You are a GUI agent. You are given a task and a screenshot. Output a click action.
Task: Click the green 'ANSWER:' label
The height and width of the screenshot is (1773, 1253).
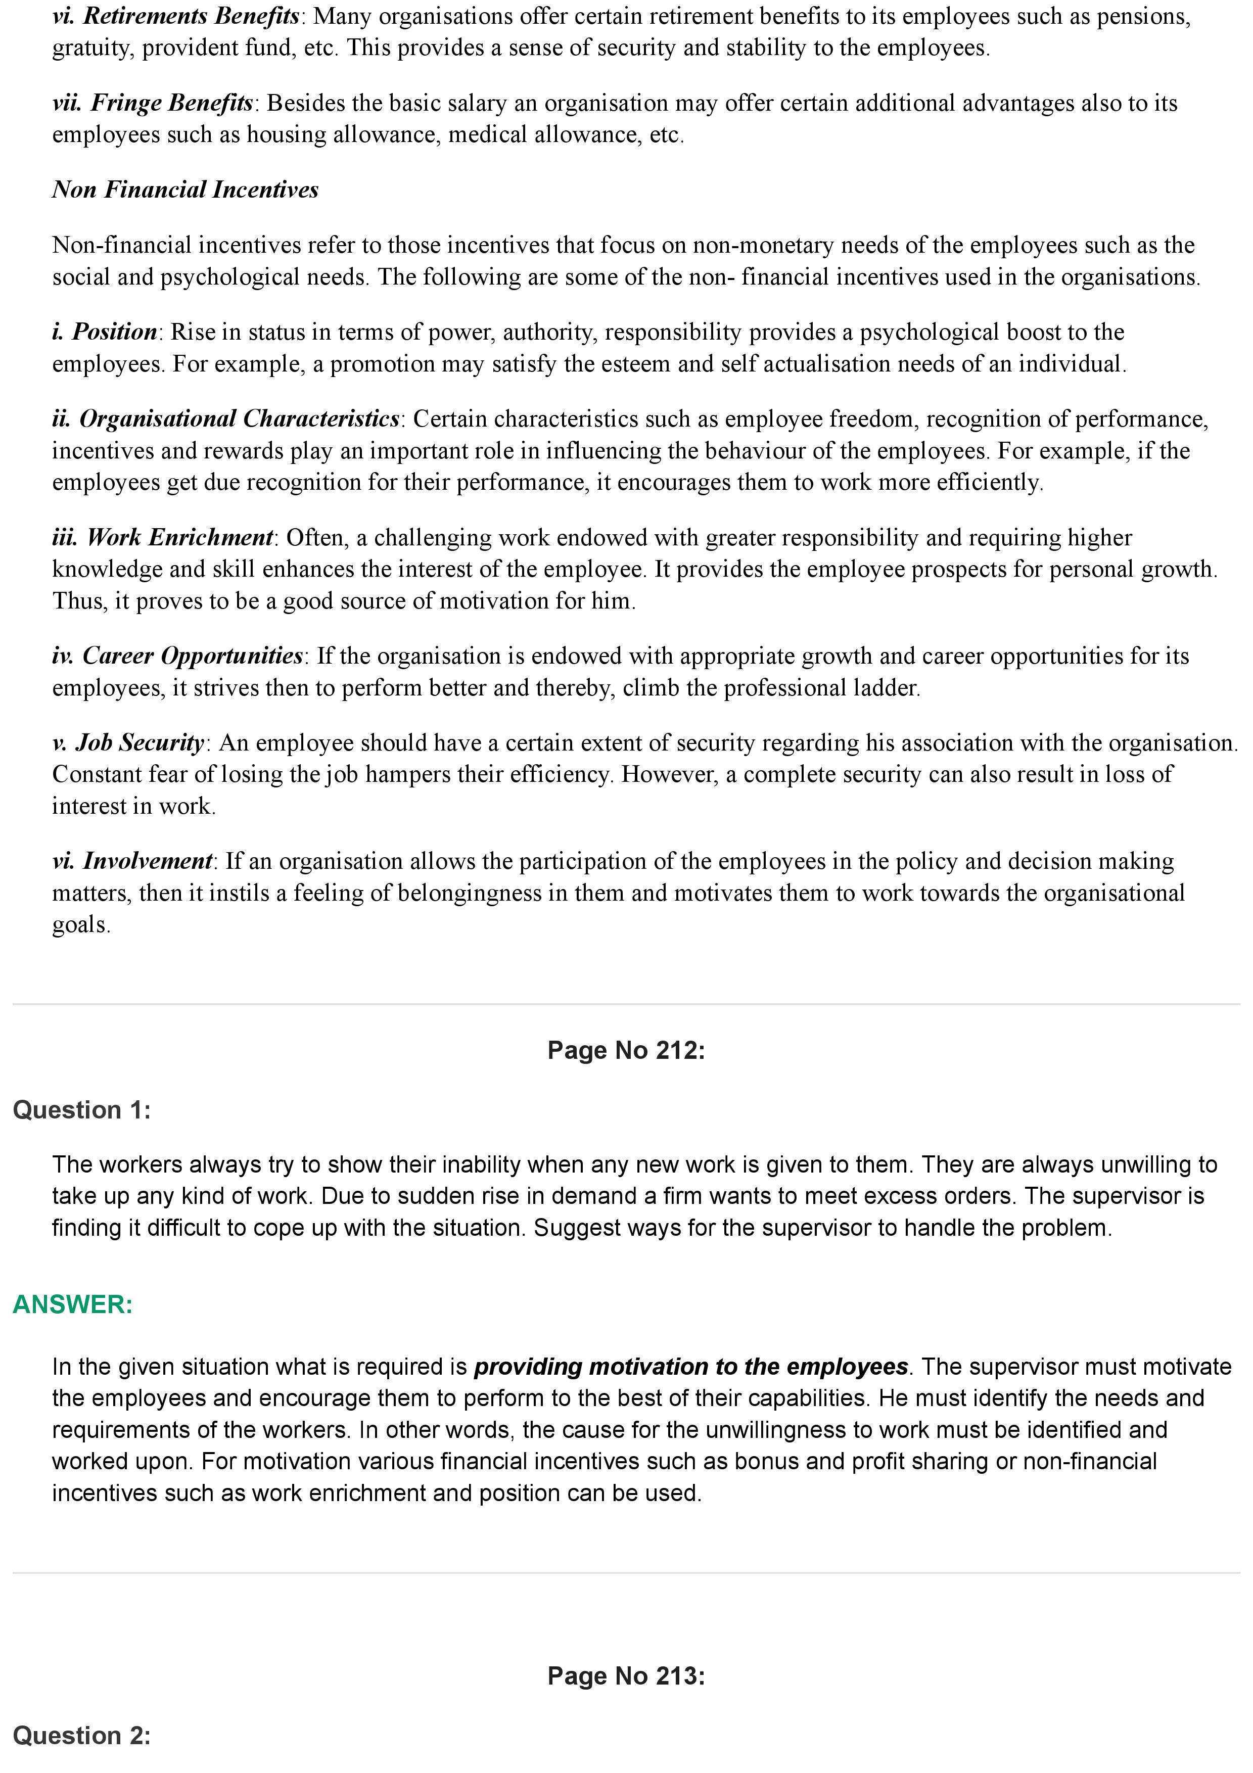pos(73,1304)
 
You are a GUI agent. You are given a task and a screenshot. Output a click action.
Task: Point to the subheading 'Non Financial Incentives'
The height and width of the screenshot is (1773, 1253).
pos(185,190)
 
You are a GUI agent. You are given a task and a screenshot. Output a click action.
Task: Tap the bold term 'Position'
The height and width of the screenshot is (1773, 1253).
pos(114,332)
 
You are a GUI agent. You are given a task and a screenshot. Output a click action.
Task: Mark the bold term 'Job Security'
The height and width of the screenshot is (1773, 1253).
pos(140,743)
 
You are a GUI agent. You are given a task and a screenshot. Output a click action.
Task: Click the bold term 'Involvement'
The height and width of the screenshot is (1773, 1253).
pos(147,861)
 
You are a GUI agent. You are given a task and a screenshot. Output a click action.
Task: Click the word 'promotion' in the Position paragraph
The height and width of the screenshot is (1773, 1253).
pos(383,364)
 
